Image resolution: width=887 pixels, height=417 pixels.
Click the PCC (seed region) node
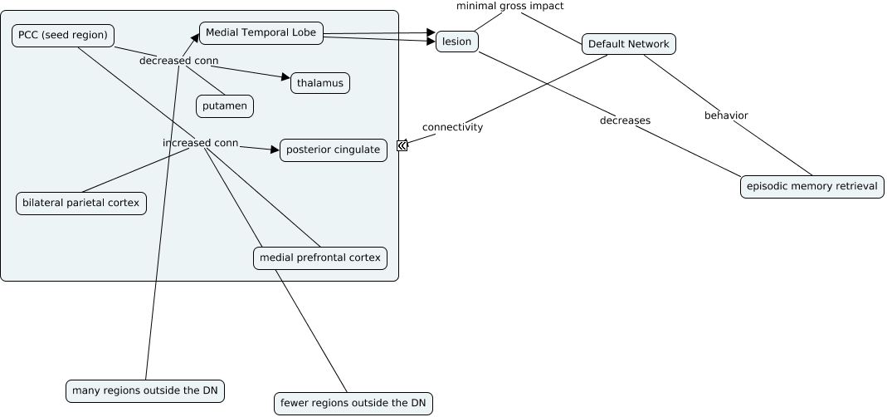pyautogui.click(x=63, y=36)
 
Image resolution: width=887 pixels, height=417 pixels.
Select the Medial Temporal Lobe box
pyautogui.click(x=261, y=33)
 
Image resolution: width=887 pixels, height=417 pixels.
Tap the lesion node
pyautogui.click(x=457, y=42)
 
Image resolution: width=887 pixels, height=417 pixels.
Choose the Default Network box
pyautogui.click(x=628, y=45)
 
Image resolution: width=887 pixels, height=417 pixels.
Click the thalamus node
pyautogui.click(x=320, y=83)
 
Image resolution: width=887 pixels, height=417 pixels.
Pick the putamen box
pyautogui.click(x=225, y=106)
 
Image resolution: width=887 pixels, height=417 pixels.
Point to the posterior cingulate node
pyautogui.click(x=333, y=150)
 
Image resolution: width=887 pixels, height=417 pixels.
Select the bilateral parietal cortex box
pyautogui.click(x=81, y=204)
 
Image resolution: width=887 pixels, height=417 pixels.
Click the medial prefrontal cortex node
pyautogui.click(x=320, y=258)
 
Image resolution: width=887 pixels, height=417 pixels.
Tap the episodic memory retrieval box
pyautogui.click(x=811, y=187)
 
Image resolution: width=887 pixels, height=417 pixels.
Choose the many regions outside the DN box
pyautogui.click(x=146, y=390)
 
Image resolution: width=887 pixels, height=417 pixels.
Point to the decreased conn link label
pyautogui.click(x=178, y=61)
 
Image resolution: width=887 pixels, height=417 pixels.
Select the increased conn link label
pyautogui.click(x=200, y=143)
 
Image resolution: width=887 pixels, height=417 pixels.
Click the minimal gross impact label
pyautogui.click(x=509, y=7)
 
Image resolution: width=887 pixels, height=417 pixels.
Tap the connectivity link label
pyautogui.click(x=452, y=127)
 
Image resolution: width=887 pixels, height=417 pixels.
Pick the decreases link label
pyautogui.click(x=625, y=120)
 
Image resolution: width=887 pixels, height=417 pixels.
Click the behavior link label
pyautogui.click(x=726, y=115)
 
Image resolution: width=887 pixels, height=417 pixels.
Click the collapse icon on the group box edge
pyautogui.click(x=402, y=145)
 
